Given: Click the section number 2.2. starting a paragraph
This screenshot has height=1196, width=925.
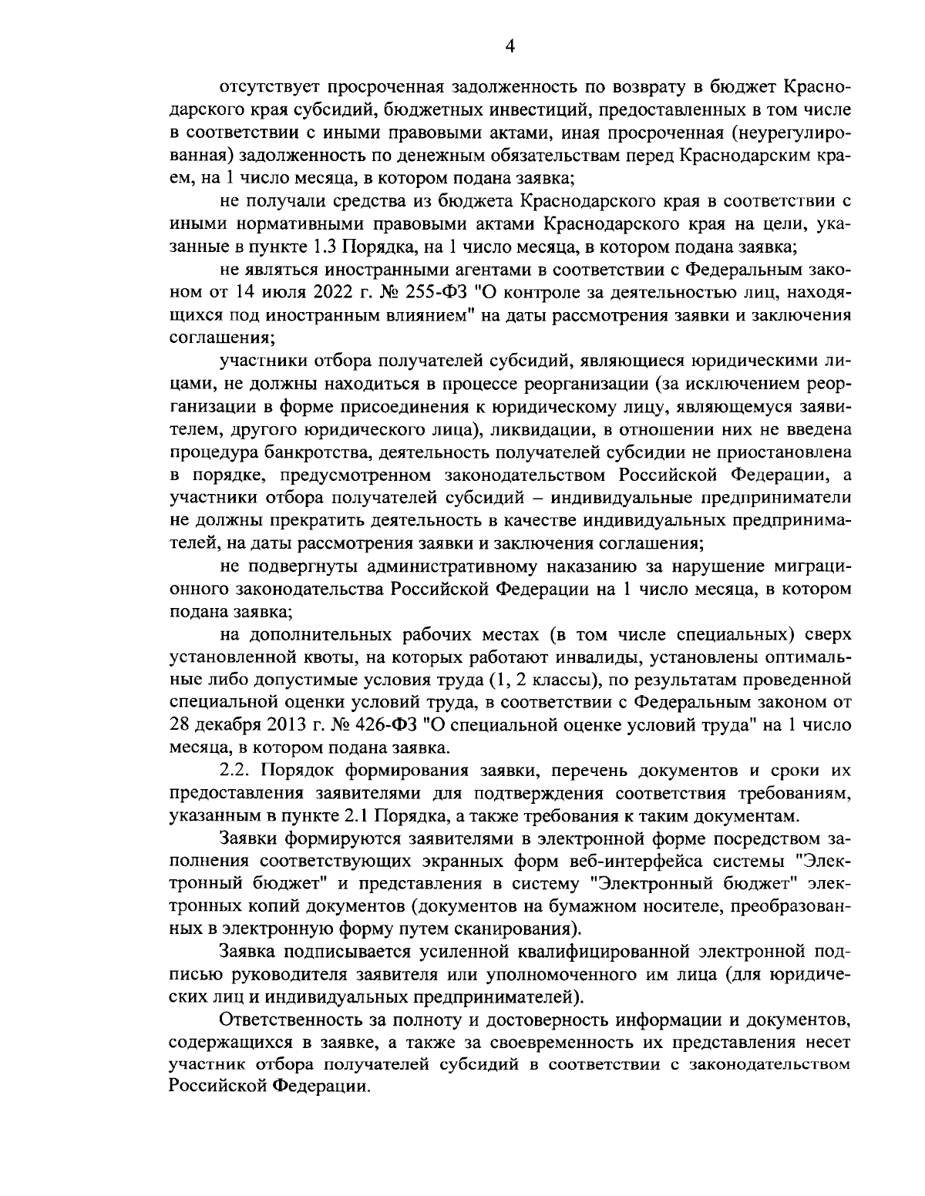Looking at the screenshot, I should point(236,770).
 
